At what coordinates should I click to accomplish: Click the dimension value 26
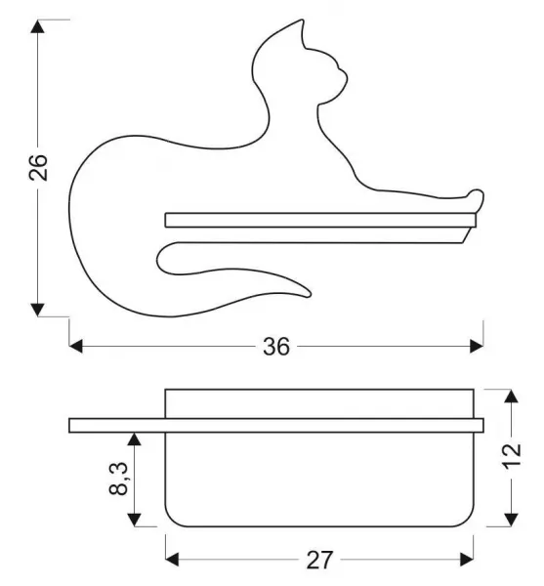coord(38,167)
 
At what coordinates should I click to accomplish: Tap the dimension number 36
coord(276,347)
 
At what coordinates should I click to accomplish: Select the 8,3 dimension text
coord(119,479)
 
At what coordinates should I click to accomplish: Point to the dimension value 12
coord(511,456)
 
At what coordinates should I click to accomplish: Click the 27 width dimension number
coord(319,560)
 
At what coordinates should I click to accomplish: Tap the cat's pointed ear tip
coord(302,21)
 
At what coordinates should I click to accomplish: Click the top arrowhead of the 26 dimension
coord(37,26)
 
